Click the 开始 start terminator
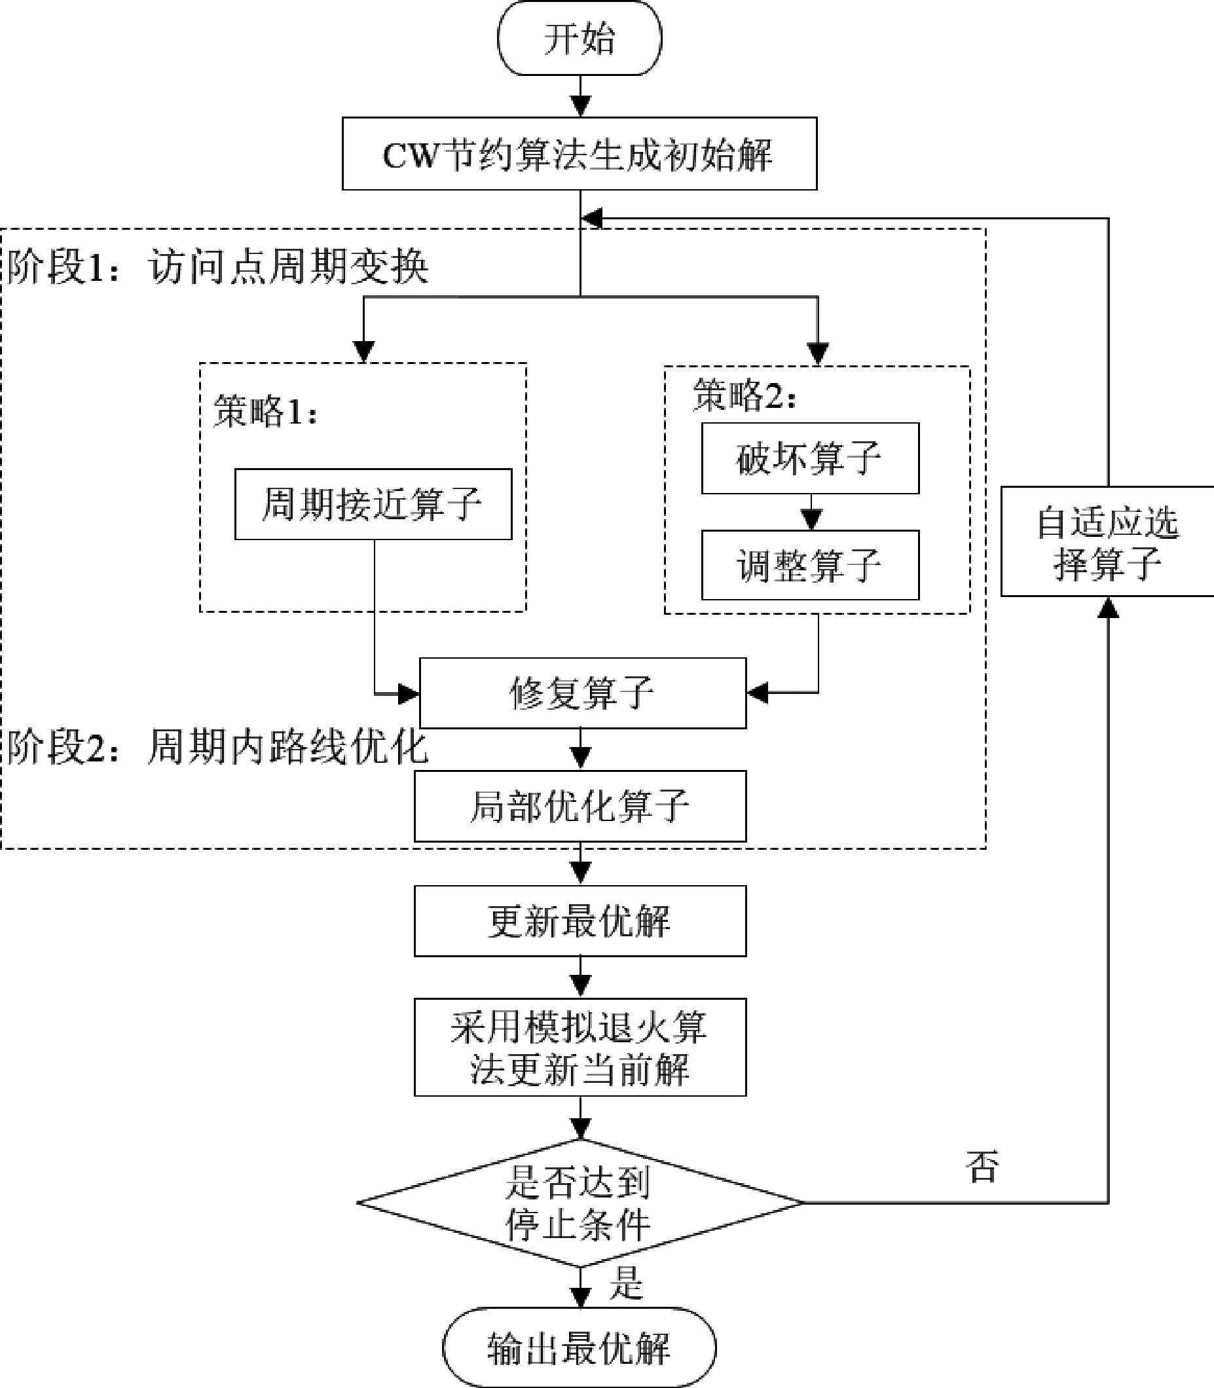coord(579,38)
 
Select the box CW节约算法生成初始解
coord(579,154)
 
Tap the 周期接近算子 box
coord(373,504)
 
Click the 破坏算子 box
coord(810,458)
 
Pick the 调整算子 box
coord(810,565)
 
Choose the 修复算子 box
coord(583,693)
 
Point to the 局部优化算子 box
coord(580,806)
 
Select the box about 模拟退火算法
coord(580,1048)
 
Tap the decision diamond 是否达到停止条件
coord(580,1203)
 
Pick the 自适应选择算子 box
coord(1108,542)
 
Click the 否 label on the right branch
coord(982,1166)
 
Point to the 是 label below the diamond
coord(625,1282)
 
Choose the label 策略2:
coord(744,395)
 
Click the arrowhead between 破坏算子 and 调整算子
coord(811,520)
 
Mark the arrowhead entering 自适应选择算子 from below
coord(1109,607)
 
